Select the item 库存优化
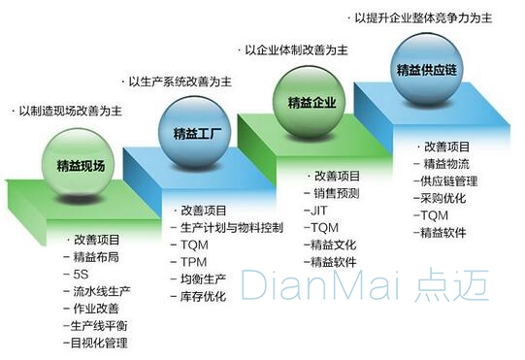(204, 298)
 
